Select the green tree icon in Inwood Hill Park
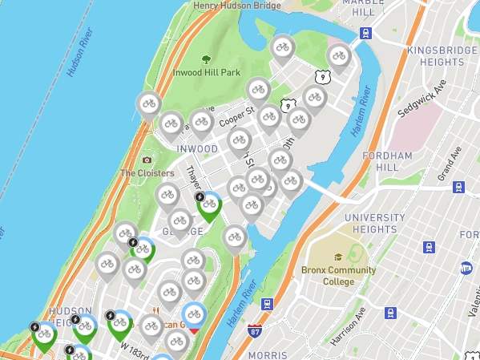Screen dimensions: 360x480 (x=206, y=59)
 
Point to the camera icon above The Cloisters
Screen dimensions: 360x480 (x=146, y=160)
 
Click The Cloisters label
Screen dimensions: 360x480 (x=147, y=173)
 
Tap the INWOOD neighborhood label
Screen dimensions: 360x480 (x=196, y=149)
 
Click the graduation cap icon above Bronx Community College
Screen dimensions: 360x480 (x=338, y=257)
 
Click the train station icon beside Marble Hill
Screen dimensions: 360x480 (x=366, y=34)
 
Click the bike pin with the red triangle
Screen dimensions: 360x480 (x=193, y=317)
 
